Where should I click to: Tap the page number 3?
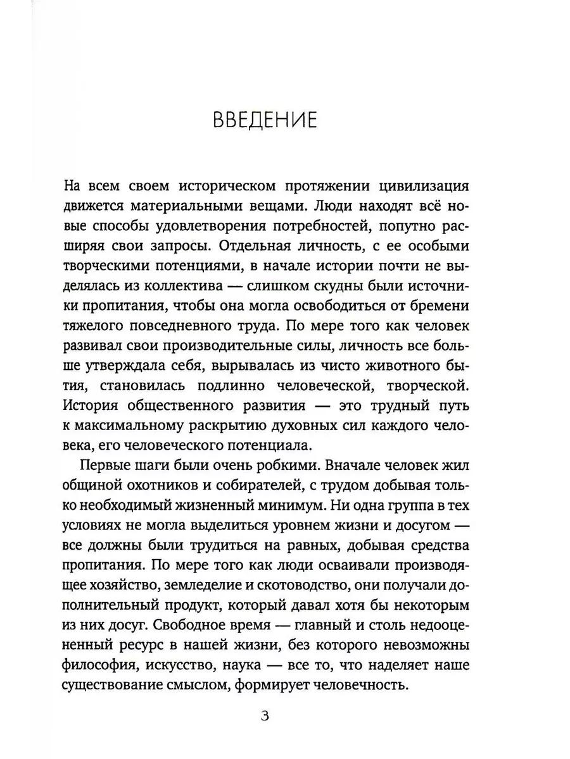point(265,716)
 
